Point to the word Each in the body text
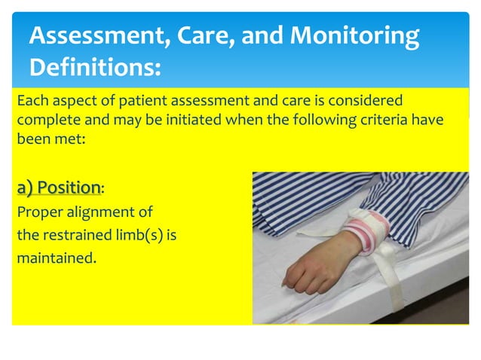(x=32, y=101)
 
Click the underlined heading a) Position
(x=59, y=187)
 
